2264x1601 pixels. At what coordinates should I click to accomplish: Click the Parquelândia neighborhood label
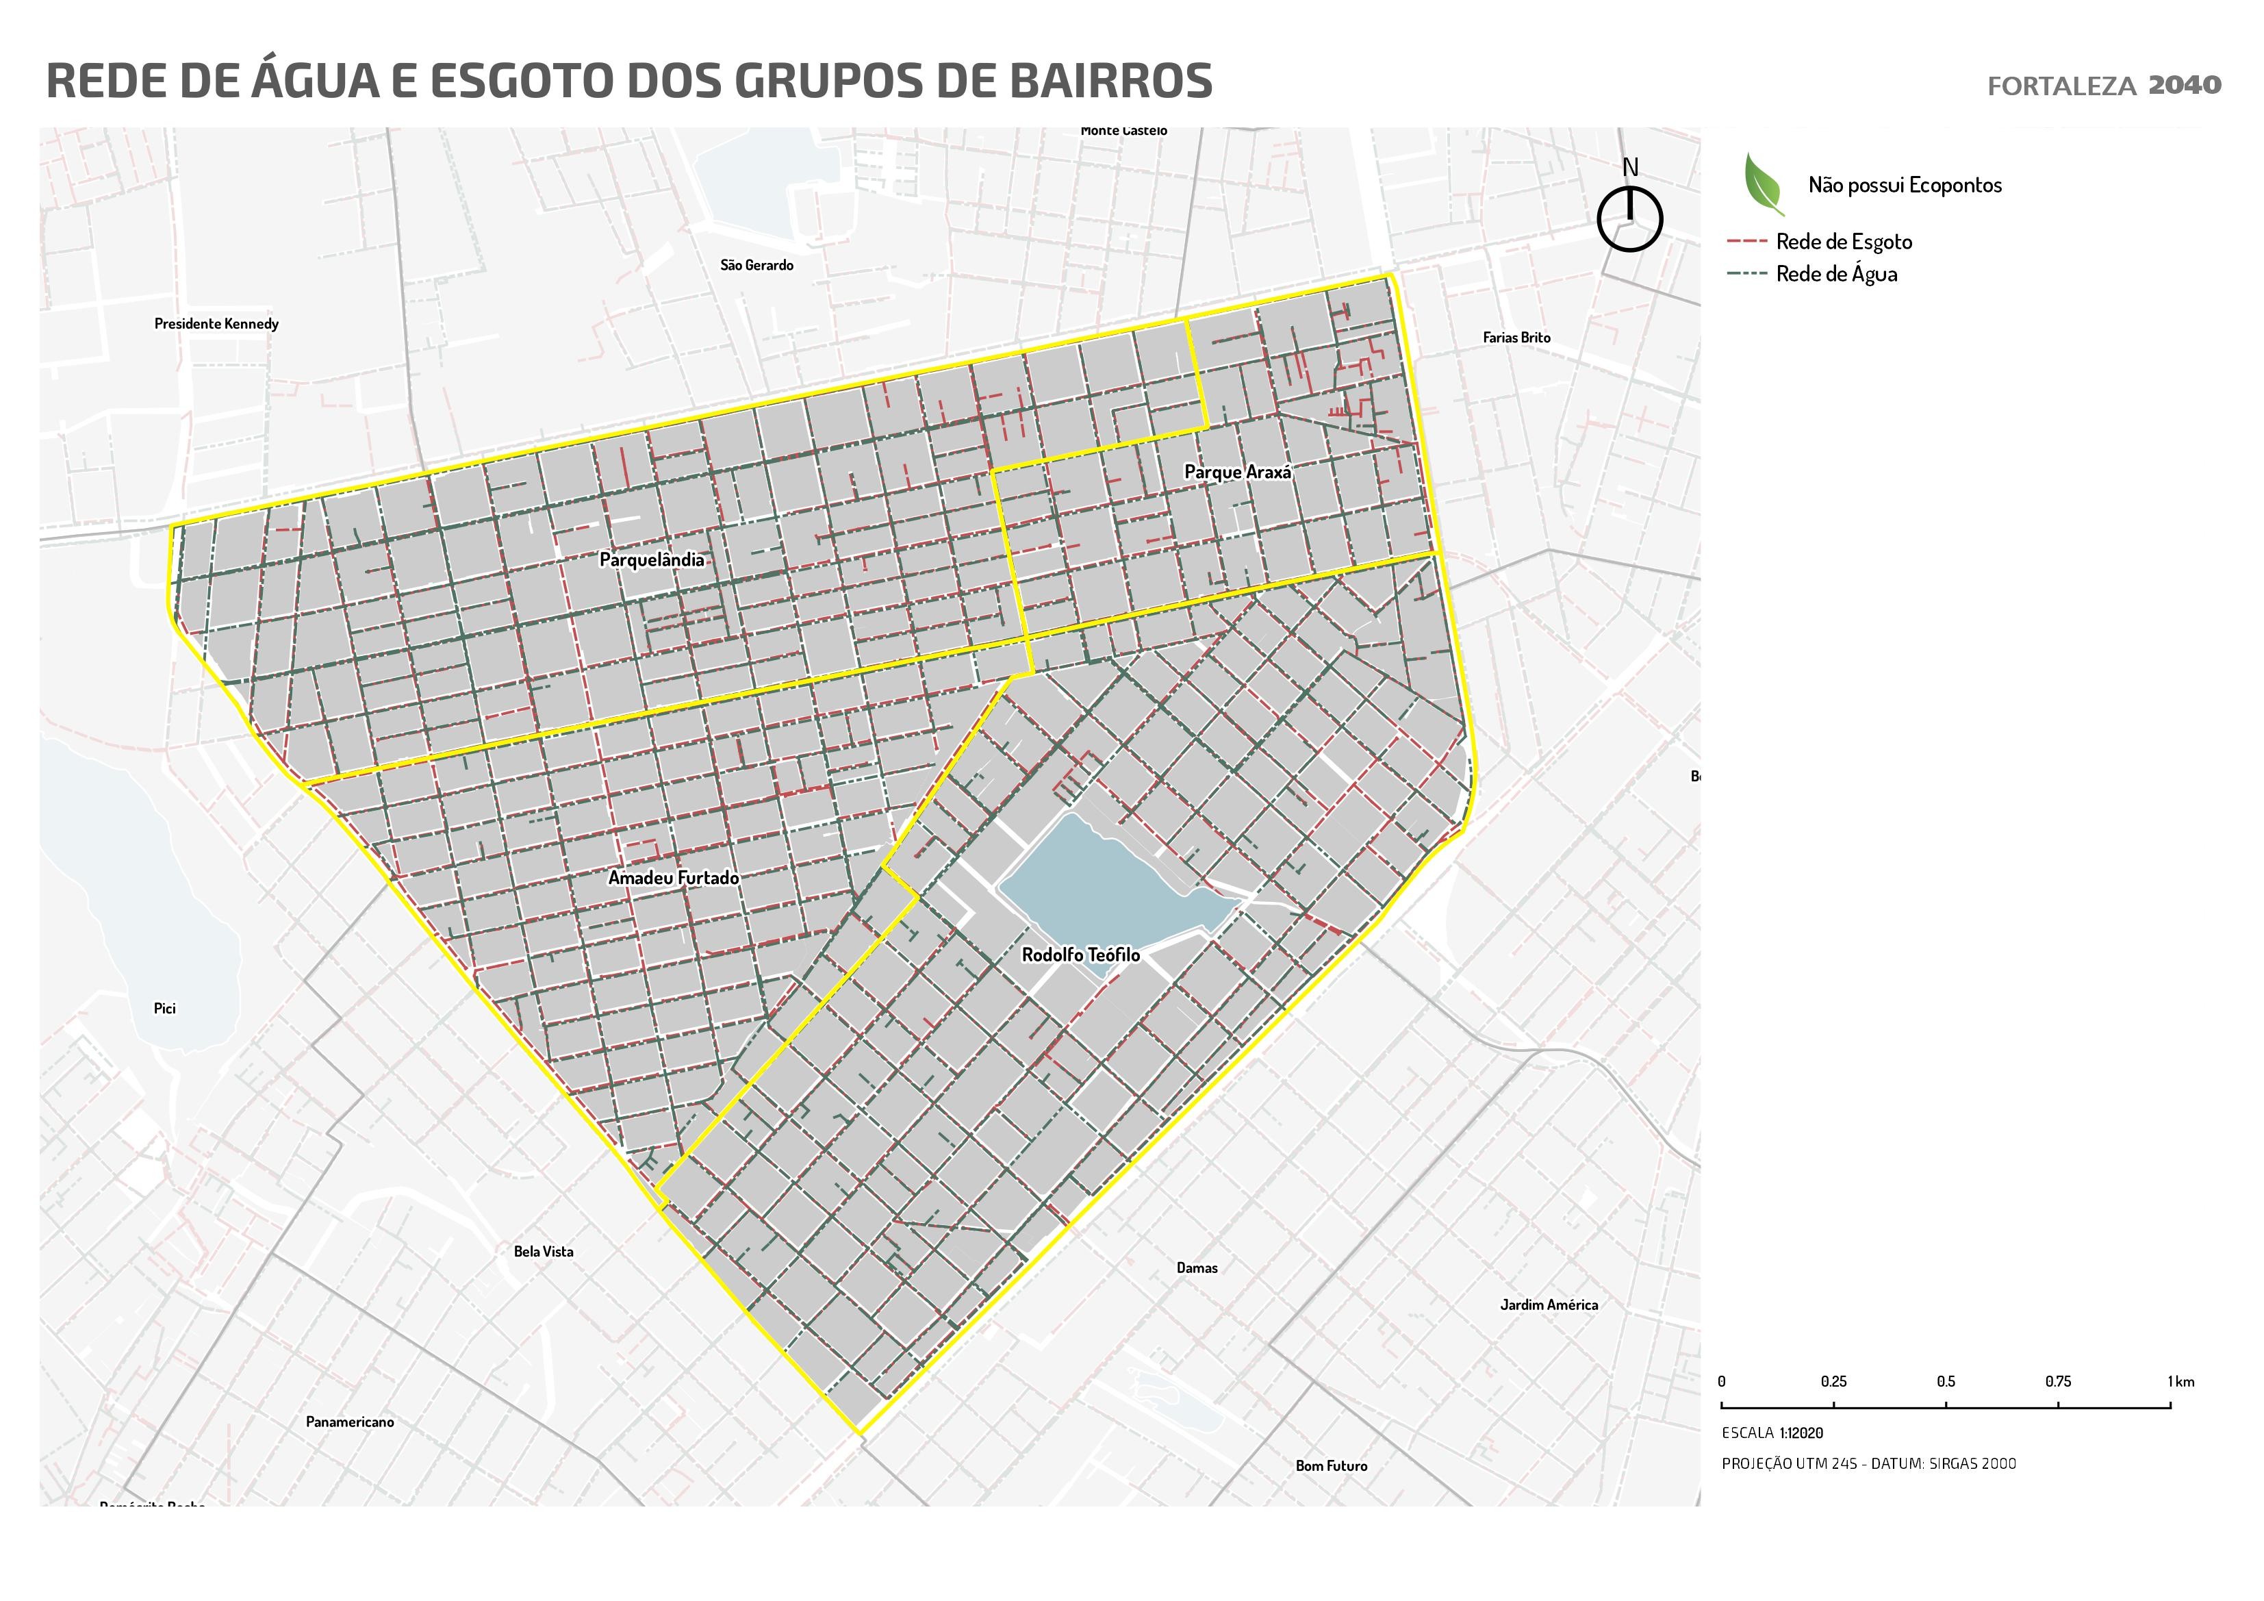[x=652, y=560]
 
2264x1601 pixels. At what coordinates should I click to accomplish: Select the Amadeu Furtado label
[x=674, y=878]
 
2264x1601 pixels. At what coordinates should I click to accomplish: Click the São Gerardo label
[x=756, y=266]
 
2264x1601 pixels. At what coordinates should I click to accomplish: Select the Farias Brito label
[x=1516, y=338]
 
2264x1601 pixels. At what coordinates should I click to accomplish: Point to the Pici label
[x=165, y=1008]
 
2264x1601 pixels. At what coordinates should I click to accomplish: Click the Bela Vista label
[x=544, y=1252]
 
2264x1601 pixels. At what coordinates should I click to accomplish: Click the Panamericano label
[x=349, y=1422]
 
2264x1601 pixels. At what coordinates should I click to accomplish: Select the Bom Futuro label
[x=1331, y=1466]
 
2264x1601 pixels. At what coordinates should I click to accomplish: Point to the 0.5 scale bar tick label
[x=1946, y=1382]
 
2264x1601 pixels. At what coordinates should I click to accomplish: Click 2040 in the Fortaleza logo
[x=2184, y=85]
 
